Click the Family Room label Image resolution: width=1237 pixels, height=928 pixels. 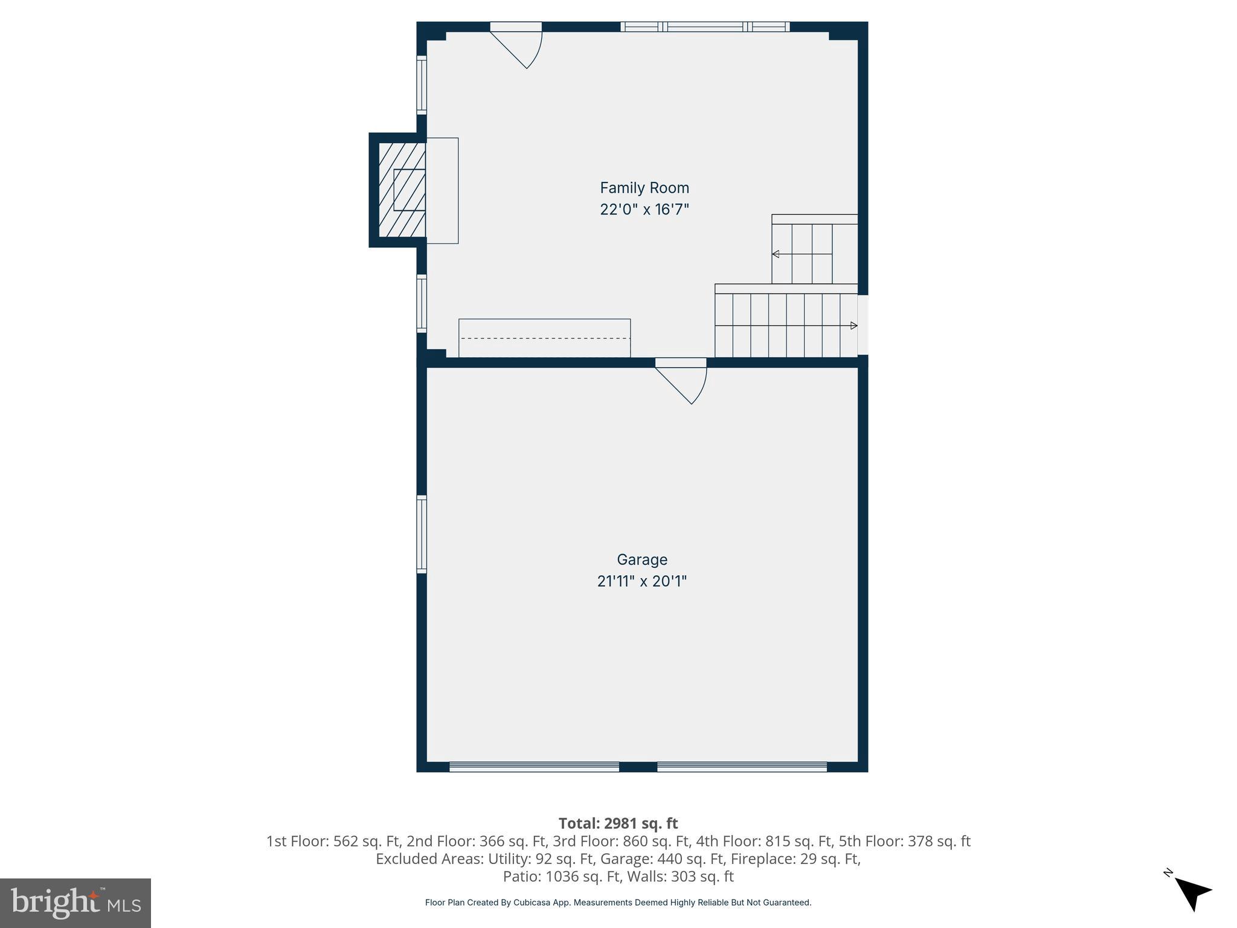pos(644,188)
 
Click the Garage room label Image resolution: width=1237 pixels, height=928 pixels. pos(641,559)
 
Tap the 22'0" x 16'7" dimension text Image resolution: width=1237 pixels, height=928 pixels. pos(644,210)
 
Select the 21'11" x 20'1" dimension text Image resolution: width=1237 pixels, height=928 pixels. pos(641,581)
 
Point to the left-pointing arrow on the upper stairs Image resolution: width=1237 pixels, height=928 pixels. pos(776,254)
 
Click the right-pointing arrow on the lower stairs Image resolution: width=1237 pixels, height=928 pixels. pos(853,326)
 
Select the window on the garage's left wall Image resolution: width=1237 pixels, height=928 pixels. pos(422,534)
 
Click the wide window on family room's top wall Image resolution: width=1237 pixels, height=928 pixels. pos(705,27)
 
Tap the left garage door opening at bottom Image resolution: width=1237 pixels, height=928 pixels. pos(534,767)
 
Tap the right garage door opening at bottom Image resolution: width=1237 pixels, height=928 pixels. pos(742,767)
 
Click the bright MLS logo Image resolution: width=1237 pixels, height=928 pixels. pos(76,903)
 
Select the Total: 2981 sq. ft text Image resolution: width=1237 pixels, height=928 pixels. pos(618,823)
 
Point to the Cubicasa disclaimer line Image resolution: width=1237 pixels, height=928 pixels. pos(618,903)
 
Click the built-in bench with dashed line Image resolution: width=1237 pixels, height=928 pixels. pos(544,338)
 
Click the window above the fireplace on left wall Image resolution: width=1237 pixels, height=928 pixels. pos(422,85)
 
